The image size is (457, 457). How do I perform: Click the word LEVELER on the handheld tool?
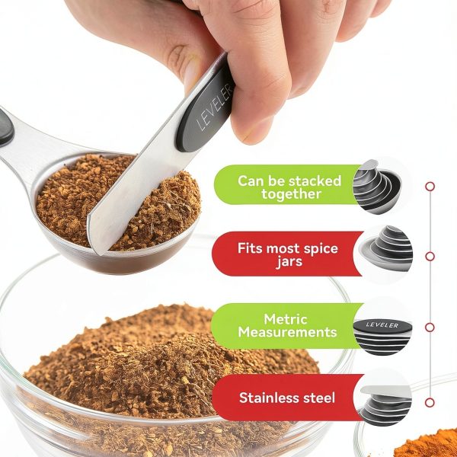click(x=215, y=107)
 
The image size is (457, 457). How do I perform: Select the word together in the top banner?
click(x=291, y=194)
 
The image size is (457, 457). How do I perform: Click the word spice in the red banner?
click(x=321, y=249)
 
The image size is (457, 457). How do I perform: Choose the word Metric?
click(x=286, y=319)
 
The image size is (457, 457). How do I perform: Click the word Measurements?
click(x=287, y=332)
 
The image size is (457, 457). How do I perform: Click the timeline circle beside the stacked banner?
click(x=430, y=187)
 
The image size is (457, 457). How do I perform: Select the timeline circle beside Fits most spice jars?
click(x=430, y=256)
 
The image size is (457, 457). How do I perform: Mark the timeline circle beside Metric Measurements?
click(x=430, y=327)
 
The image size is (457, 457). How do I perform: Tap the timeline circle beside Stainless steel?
click(x=430, y=402)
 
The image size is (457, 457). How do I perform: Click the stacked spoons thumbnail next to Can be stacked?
click(x=378, y=187)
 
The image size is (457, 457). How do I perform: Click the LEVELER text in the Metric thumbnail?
click(x=382, y=324)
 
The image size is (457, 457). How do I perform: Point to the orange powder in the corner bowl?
click(x=428, y=445)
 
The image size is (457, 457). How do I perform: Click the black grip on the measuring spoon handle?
click(x=6, y=128)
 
